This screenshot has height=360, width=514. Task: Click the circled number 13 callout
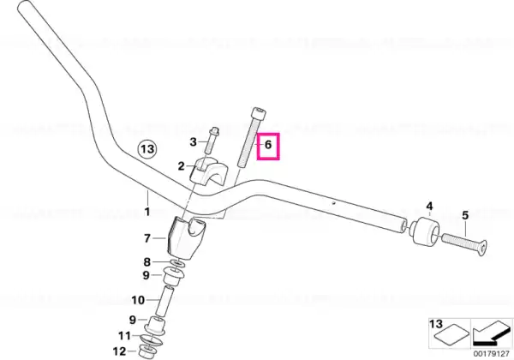(x=147, y=149)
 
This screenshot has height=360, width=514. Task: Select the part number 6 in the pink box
(x=268, y=145)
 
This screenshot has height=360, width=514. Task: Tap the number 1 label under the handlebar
(x=147, y=212)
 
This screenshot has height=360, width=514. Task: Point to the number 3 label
(x=193, y=142)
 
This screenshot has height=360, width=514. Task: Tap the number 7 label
(x=147, y=238)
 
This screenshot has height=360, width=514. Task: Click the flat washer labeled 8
(x=178, y=263)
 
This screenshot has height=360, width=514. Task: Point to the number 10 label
(x=138, y=300)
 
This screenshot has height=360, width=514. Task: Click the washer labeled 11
(x=151, y=339)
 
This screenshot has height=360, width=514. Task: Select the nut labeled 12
(x=146, y=351)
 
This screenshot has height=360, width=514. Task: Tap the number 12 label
(x=119, y=351)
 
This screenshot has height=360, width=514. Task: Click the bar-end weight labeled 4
(x=425, y=232)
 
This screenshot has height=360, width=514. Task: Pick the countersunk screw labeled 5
(x=464, y=243)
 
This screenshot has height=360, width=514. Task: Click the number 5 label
(x=465, y=216)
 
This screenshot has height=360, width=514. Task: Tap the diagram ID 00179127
(x=492, y=354)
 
